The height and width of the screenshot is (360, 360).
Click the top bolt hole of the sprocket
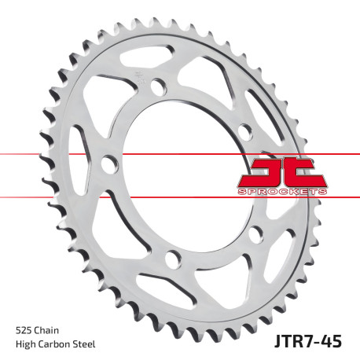tap(158, 86)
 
